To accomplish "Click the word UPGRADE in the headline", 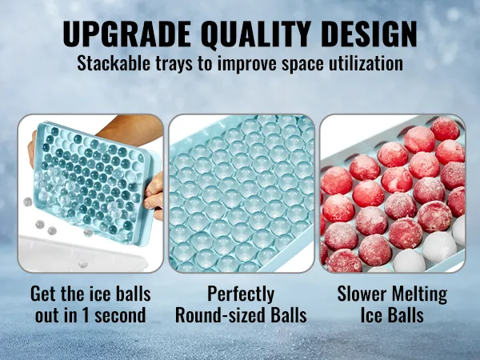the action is (126, 34).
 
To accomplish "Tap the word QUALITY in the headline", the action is (254, 34).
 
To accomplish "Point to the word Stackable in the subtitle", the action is (114, 63).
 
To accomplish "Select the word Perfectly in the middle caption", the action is (241, 294).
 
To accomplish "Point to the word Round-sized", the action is (221, 315).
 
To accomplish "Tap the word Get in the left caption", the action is (43, 294).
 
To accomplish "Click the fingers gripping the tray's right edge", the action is (154, 197).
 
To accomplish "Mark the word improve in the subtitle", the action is (247, 66).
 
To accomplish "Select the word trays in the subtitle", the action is (174, 65).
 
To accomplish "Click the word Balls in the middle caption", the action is (289, 315).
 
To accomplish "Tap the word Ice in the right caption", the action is (372, 315).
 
